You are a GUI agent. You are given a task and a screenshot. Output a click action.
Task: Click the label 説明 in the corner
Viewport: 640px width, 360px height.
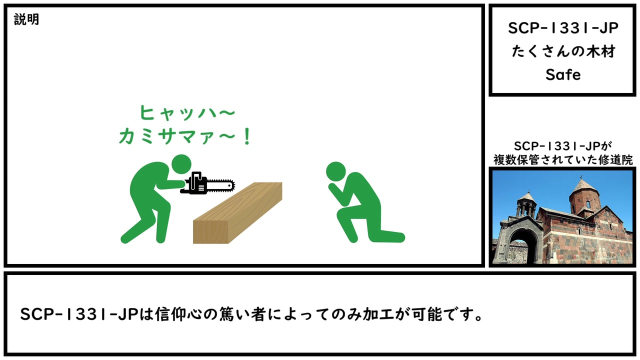[x=26, y=19]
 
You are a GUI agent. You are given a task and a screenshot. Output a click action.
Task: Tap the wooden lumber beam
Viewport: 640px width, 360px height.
[x=237, y=213]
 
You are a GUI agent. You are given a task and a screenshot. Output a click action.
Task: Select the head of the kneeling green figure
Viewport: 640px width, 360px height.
[x=335, y=171]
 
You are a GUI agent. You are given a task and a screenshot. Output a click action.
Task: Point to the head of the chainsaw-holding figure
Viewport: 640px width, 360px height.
[x=181, y=164]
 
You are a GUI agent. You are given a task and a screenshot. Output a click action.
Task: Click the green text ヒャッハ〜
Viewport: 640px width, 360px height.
[x=187, y=112]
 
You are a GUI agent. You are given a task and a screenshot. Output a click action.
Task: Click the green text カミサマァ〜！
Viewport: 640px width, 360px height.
[x=185, y=136]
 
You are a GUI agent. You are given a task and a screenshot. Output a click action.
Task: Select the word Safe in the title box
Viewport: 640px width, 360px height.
[x=563, y=75]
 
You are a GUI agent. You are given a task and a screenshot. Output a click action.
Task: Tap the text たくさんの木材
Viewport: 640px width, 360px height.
[x=563, y=51]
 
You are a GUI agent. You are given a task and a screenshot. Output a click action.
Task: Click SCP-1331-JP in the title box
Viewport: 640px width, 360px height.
[x=563, y=28]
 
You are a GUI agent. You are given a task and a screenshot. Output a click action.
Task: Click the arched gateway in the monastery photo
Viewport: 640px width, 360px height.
[x=522, y=245]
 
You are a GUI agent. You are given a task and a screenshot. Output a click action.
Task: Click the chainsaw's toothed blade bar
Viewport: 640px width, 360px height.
[x=220, y=185]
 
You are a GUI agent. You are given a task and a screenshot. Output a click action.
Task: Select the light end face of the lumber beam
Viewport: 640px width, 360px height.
[x=210, y=231]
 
